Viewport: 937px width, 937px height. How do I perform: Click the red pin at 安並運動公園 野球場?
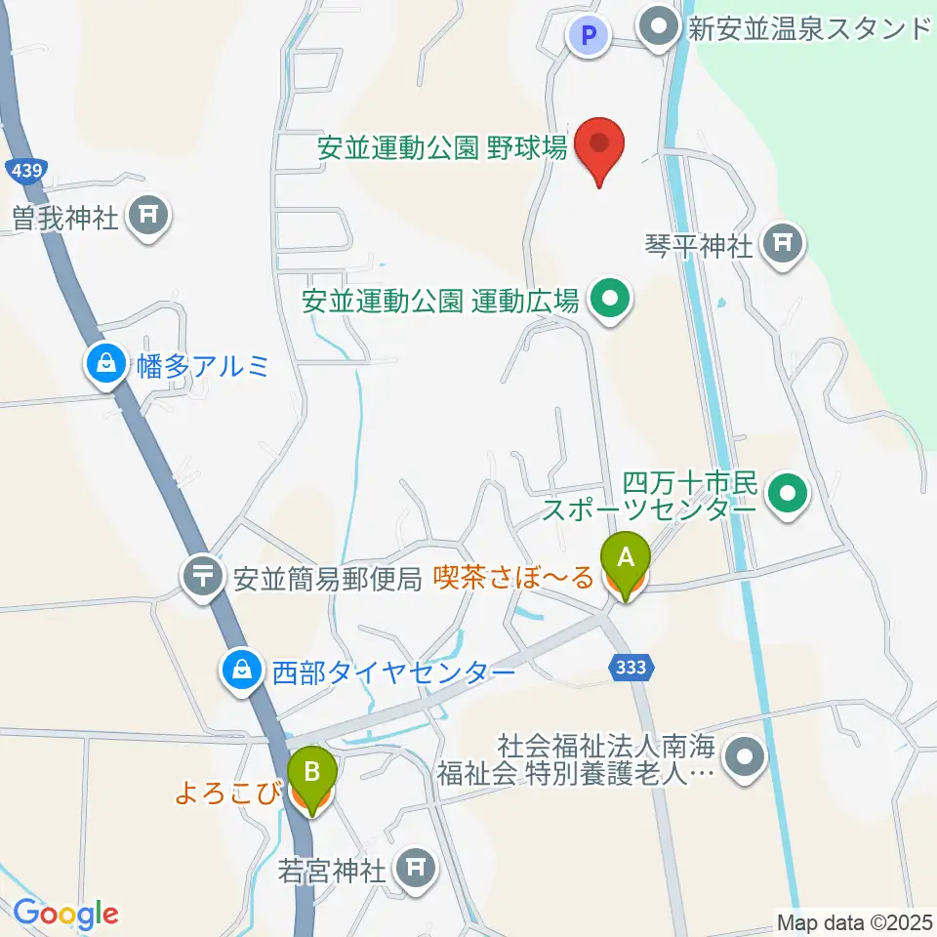(597, 146)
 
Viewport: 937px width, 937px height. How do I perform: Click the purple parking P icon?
(587, 36)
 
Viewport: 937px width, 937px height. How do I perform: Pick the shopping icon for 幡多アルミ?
(105, 367)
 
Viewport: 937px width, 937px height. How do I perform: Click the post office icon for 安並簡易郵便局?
(203, 578)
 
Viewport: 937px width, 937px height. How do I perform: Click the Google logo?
(65, 915)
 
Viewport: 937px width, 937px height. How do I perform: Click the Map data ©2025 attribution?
(853, 921)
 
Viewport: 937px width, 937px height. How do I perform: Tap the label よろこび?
(228, 793)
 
